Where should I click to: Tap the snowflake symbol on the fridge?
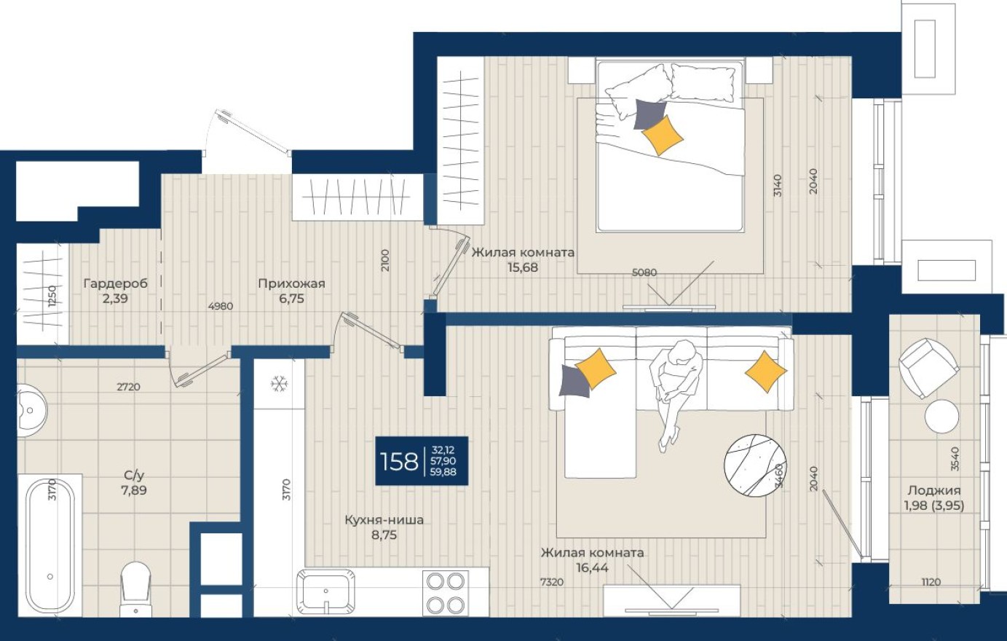(x=278, y=384)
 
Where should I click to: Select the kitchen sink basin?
(x=326, y=593)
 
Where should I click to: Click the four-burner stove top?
(x=446, y=593)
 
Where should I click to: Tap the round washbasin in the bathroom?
(x=31, y=410)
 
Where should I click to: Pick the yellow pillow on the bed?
(x=663, y=135)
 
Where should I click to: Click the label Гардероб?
(x=115, y=283)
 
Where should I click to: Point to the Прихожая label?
(x=291, y=283)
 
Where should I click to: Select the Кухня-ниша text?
(x=384, y=520)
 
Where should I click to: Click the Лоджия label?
(x=934, y=490)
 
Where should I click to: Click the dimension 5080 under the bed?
(x=644, y=272)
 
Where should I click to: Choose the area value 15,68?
(x=523, y=267)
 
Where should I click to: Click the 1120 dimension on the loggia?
(x=931, y=581)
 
